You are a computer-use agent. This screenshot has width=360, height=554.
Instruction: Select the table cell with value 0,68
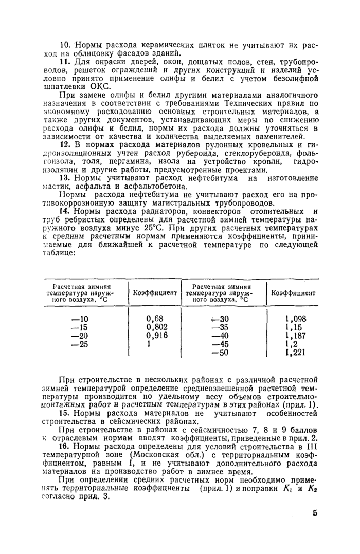tap(155, 319)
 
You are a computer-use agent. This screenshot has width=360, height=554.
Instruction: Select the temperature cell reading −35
tap(222, 327)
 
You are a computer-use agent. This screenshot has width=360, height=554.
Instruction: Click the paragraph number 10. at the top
tap(65, 45)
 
